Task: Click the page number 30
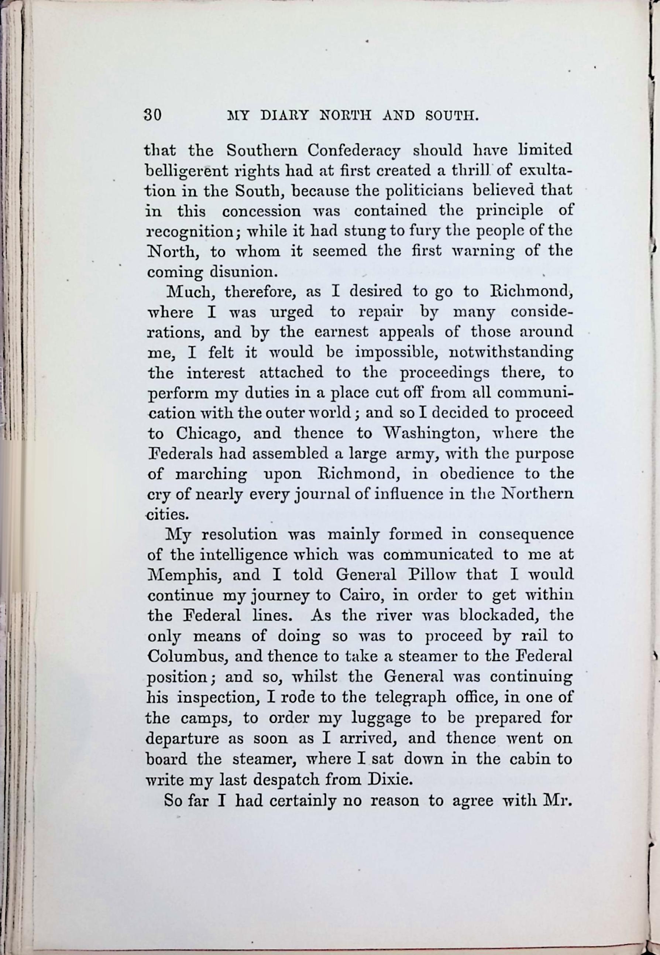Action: [x=152, y=114]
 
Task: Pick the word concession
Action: [x=261, y=211]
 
